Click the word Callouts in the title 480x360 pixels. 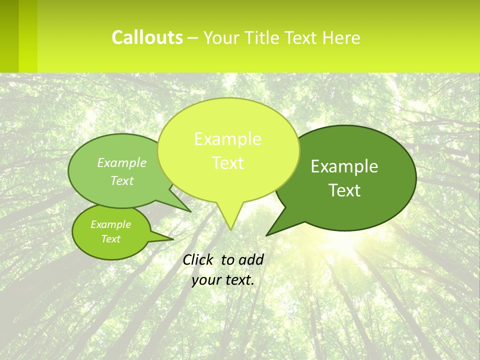coord(147,37)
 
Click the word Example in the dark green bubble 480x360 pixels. coord(344,166)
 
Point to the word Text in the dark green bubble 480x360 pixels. coord(344,190)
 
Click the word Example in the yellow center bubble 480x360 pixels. coord(227,139)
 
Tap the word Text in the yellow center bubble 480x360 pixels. coord(227,163)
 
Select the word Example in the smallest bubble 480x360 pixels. coord(110,224)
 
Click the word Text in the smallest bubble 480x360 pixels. coord(110,239)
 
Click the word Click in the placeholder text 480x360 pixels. coord(198,259)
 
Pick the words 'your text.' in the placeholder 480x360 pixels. coord(223,279)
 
